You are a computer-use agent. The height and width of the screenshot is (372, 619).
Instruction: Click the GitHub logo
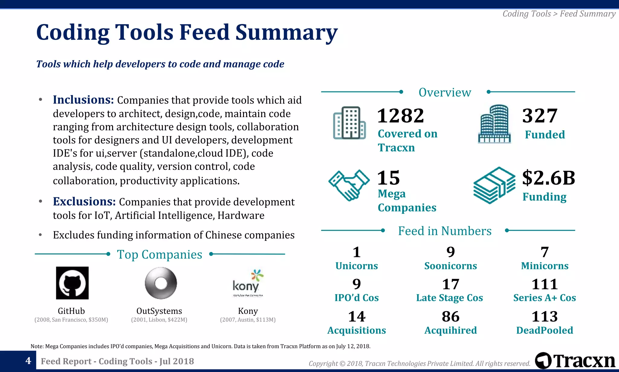[72, 283]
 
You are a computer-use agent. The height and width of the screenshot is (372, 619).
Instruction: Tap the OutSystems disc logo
[160, 283]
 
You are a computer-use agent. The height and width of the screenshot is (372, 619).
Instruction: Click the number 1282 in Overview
[400, 116]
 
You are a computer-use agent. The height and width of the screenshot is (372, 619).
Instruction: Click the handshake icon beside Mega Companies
[349, 185]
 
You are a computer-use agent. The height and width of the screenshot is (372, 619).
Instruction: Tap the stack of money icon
[494, 185]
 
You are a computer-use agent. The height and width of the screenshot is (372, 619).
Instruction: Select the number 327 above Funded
[540, 116]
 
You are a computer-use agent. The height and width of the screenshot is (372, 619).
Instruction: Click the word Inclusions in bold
[83, 100]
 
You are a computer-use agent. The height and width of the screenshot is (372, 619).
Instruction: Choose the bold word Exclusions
[84, 202]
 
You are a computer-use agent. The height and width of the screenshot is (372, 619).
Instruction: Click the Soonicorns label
[450, 266]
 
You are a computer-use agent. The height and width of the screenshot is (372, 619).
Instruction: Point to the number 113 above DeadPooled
[544, 317]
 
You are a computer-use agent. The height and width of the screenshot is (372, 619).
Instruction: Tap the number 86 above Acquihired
[450, 317]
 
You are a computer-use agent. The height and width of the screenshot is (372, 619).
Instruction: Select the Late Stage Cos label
[449, 298]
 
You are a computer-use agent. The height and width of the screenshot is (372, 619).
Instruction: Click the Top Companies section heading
[159, 255]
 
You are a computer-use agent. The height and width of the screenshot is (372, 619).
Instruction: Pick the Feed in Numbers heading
[445, 231]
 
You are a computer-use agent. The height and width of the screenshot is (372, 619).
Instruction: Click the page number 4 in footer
[28, 361]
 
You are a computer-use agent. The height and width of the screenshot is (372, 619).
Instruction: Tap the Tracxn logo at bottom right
[575, 361]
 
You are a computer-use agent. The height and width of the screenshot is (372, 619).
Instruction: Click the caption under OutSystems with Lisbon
[159, 320]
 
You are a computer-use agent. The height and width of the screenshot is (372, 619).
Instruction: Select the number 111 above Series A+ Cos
[544, 284]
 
